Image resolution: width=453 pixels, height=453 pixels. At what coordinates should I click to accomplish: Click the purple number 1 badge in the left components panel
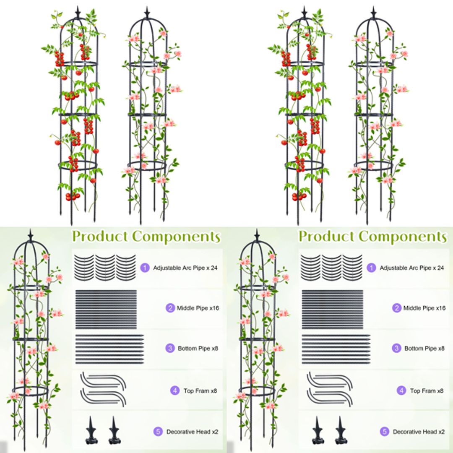pos(145,267)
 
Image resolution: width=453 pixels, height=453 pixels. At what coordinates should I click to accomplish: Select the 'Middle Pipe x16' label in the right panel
pos(424,308)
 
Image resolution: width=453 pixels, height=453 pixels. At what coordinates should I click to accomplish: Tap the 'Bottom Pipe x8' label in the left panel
pos(198,348)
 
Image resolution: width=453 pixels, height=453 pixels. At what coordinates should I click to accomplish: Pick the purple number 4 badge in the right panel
pos(401,391)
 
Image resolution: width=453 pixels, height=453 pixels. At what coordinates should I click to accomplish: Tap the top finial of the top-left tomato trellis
pos(78,12)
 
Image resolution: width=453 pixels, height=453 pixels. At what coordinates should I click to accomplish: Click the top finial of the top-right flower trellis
pos(373,12)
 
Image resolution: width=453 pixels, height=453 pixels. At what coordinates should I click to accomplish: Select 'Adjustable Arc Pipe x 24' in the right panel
pos(412,267)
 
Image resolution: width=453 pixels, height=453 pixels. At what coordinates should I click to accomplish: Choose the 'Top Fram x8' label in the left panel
pos(200,391)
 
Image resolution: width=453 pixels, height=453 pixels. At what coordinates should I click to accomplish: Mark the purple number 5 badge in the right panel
pos(384,431)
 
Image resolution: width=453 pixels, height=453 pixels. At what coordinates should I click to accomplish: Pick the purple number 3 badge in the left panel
pos(169,348)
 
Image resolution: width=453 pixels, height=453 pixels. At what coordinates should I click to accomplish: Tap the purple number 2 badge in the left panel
pos(170,308)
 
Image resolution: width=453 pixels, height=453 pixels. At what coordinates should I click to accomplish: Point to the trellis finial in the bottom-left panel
pos(30,235)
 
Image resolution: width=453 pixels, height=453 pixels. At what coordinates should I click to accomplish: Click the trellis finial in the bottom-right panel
pos(257,235)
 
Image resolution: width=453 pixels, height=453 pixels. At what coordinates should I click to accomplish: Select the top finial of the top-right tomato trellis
pos(304,12)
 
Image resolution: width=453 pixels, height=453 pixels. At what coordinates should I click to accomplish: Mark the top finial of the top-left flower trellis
pos(147,12)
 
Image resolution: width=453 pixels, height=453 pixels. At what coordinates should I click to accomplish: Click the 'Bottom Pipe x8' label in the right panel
pos(424,348)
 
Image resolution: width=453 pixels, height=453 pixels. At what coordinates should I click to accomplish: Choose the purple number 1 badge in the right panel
pos(371,267)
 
